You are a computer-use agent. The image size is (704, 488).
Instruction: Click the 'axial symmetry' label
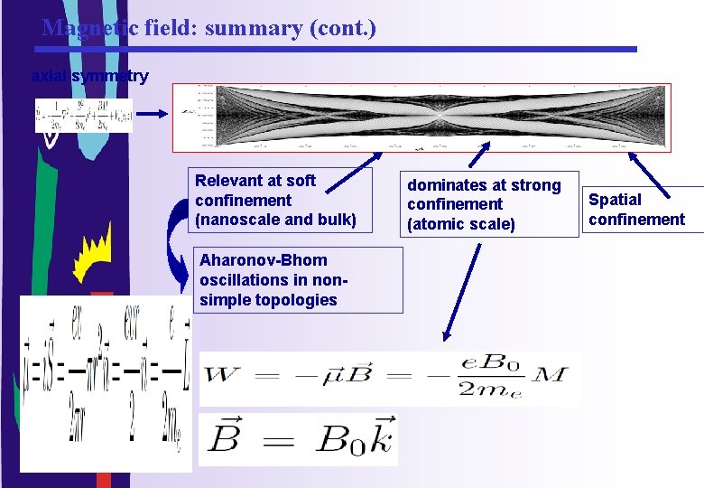coord(89,77)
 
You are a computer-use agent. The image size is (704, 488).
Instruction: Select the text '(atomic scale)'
coord(460,223)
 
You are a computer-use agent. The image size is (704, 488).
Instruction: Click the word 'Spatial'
coord(616,200)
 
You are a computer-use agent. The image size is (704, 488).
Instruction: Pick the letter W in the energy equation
coord(223,373)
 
